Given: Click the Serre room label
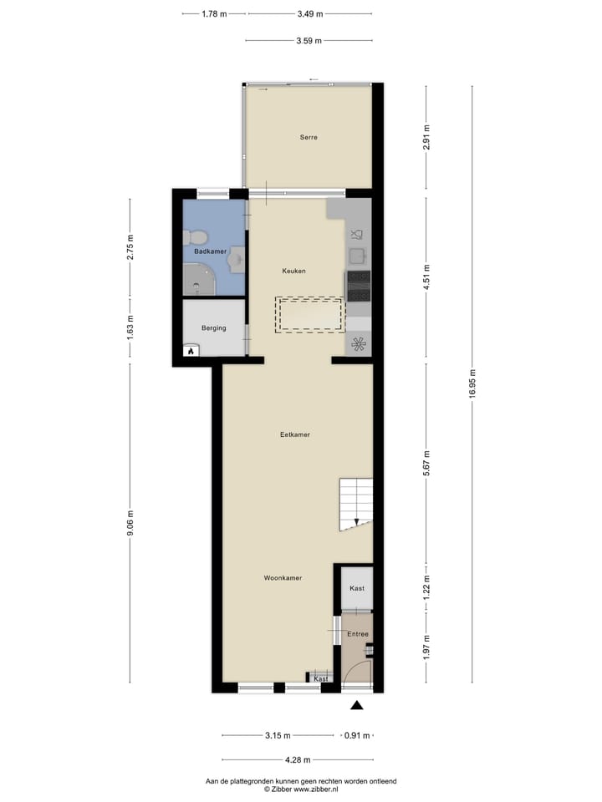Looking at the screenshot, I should (x=309, y=137).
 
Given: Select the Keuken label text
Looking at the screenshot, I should (x=293, y=271).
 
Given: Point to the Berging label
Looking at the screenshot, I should (x=213, y=328).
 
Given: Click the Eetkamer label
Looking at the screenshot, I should (x=295, y=434).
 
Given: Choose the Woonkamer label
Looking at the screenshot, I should (x=283, y=578).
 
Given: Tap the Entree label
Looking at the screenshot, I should (x=358, y=634).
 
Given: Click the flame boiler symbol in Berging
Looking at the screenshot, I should (x=191, y=351).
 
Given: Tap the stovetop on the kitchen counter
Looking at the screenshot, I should (x=359, y=286).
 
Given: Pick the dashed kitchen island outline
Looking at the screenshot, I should (x=310, y=315).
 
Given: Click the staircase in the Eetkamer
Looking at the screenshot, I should (x=355, y=505).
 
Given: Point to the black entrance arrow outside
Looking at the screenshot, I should (x=357, y=706).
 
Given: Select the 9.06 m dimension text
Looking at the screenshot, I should (x=130, y=525).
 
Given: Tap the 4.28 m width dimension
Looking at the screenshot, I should (x=297, y=760).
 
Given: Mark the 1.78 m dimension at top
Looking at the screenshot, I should (x=215, y=14).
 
